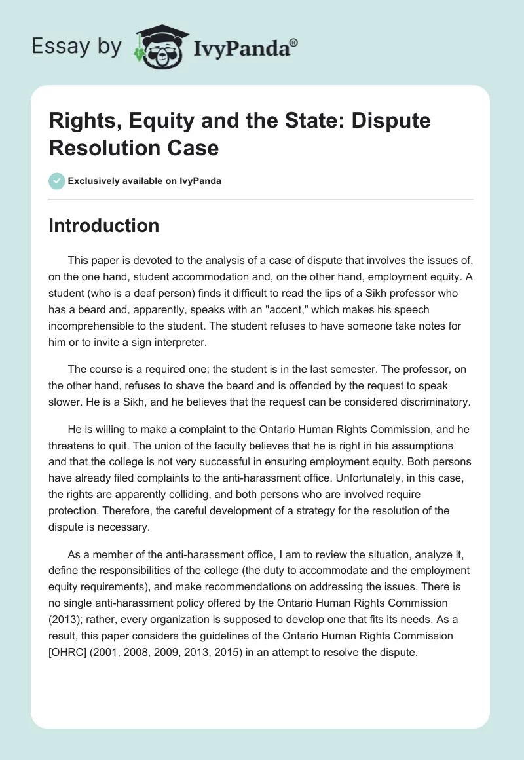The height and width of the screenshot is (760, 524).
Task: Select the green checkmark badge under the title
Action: pos(58,181)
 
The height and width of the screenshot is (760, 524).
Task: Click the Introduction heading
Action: pos(104,225)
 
